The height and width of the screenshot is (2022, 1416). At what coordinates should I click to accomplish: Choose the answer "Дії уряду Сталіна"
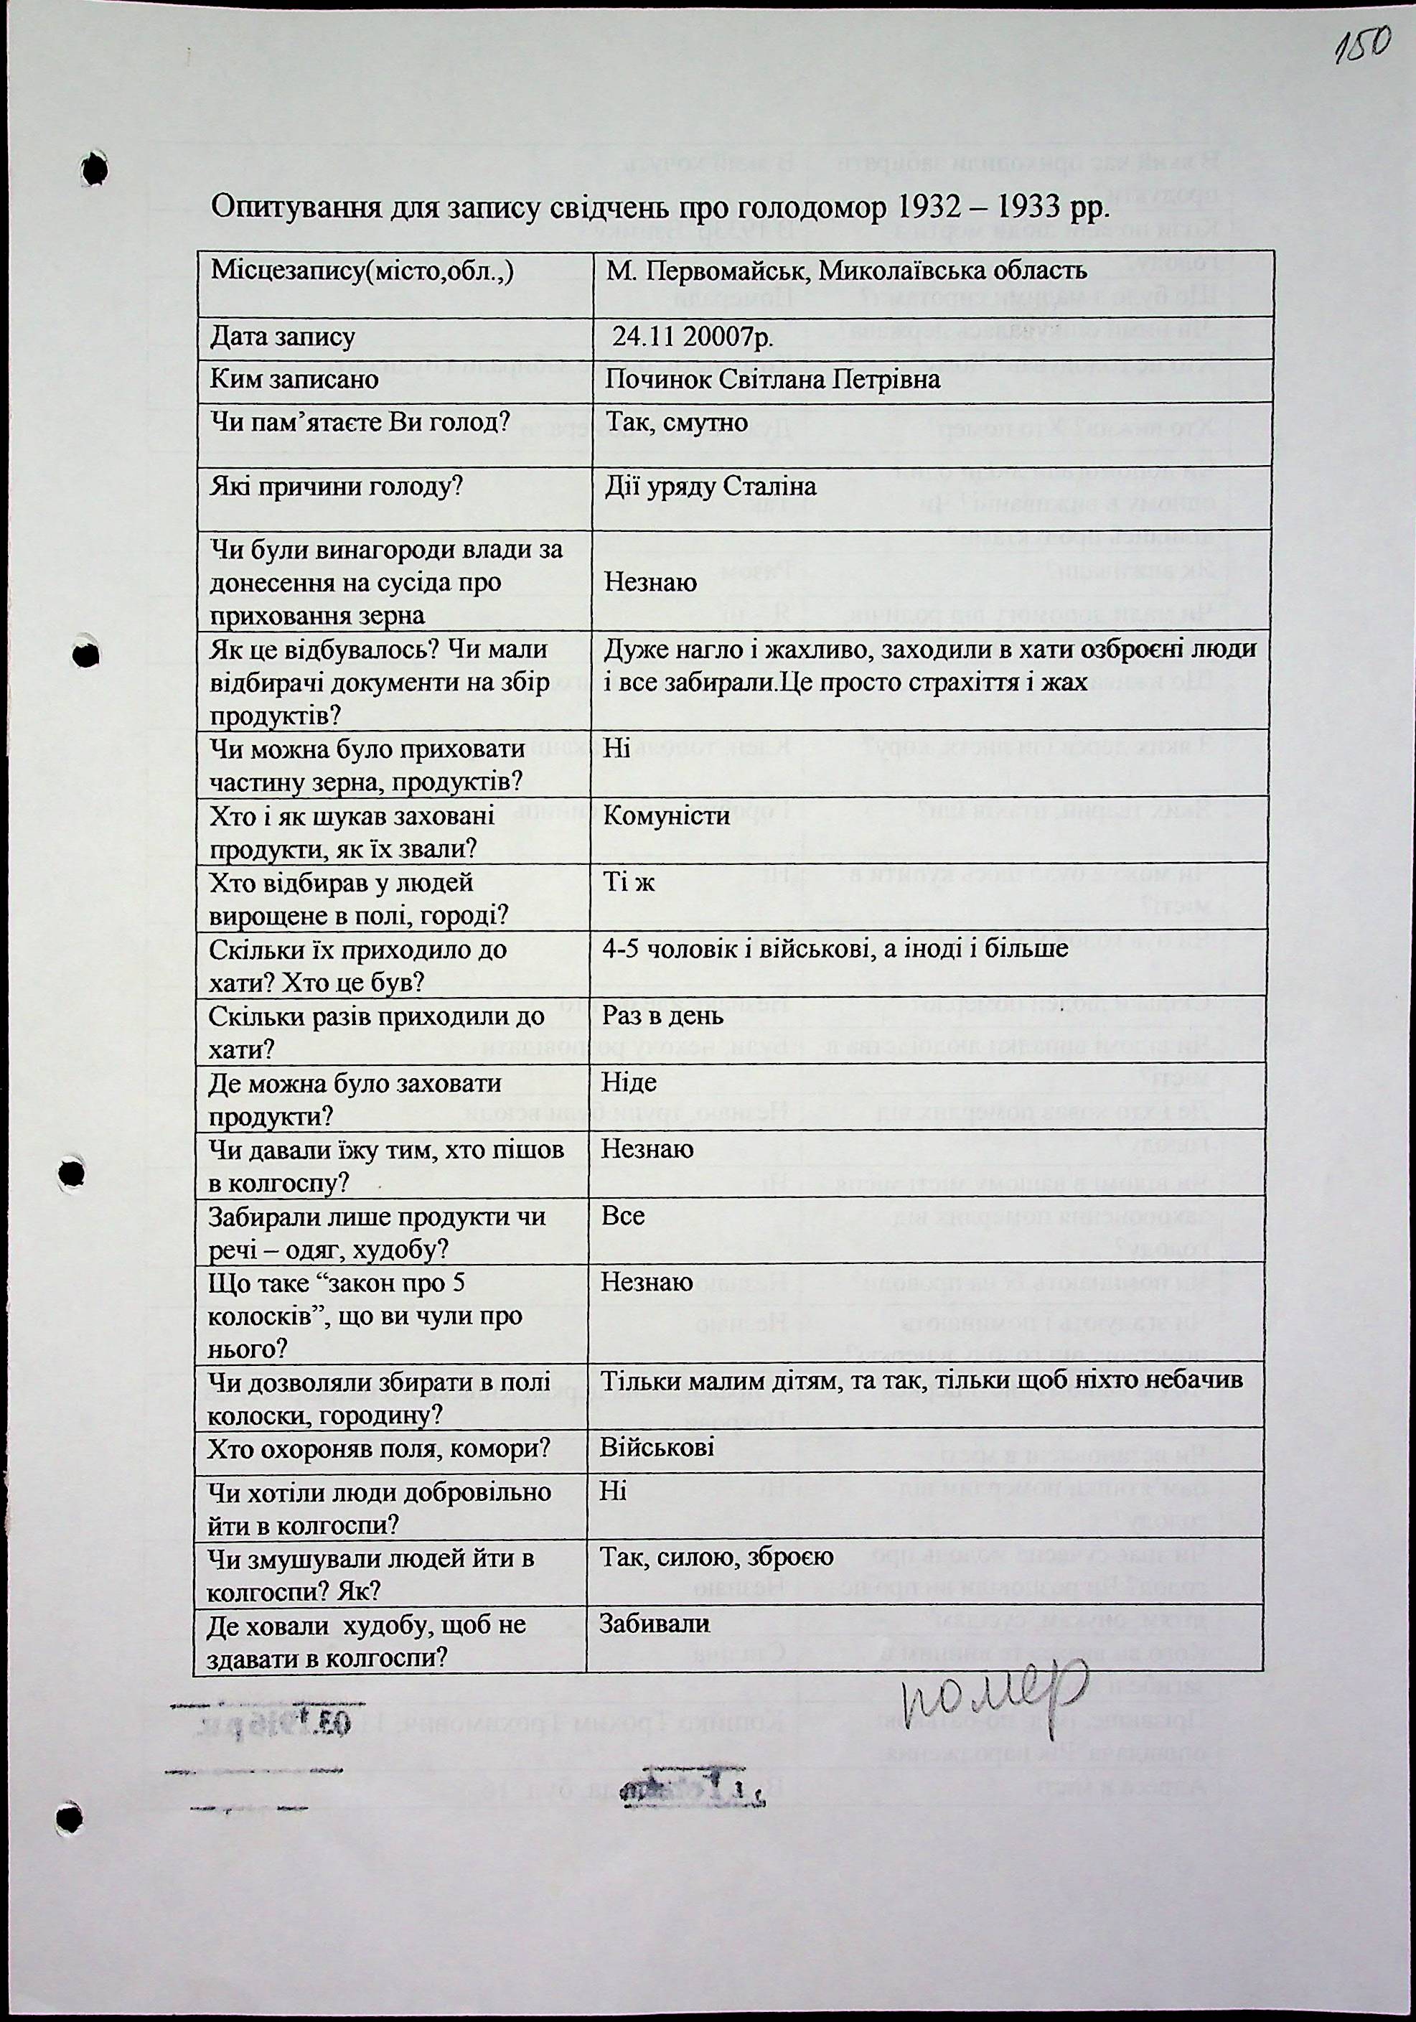click(x=710, y=486)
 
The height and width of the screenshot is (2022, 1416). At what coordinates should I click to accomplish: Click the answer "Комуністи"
click(x=666, y=815)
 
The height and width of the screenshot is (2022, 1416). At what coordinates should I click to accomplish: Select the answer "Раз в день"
click(x=662, y=1016)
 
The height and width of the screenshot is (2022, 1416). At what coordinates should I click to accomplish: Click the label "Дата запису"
click(x=283, y=337)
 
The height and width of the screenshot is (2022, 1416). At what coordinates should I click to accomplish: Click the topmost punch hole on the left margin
click(x=93, y=167)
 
